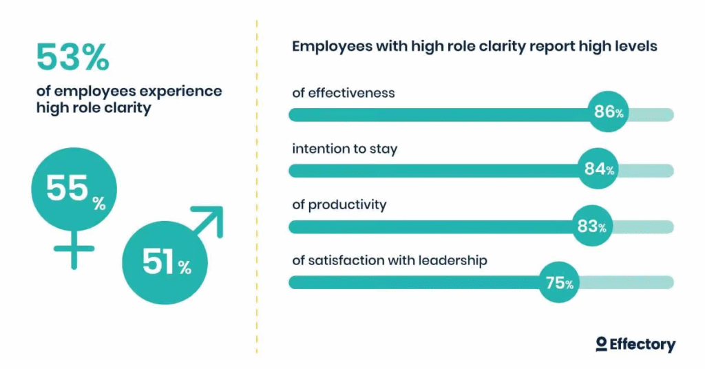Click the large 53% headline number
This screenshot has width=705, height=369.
(x=72, y=57)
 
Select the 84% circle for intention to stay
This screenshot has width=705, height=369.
(x=597, y=168)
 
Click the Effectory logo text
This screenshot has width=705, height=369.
(x=642, y=344)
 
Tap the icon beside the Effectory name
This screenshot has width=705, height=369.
(x=601, y=344)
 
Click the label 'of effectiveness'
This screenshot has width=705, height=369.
(x=344, y=92)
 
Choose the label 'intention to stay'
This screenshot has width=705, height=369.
(x=344, y=149)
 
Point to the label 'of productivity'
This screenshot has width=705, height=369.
(x=339, y=205)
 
